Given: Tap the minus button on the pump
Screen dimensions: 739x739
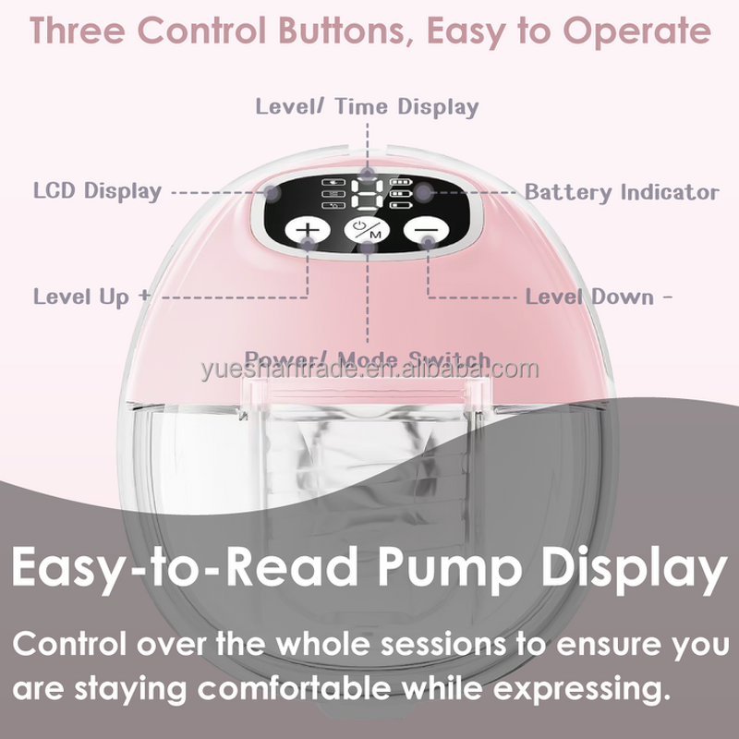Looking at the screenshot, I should coord(428,230).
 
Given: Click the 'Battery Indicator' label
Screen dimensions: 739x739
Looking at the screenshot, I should coord(621,192).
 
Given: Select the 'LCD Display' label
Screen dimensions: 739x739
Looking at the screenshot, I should coord(97,192).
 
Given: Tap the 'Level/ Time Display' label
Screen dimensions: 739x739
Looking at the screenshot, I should coord(367,106).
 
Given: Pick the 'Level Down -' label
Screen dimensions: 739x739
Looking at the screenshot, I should coord(599,297).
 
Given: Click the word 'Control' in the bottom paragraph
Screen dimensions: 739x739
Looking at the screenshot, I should coord(81,644).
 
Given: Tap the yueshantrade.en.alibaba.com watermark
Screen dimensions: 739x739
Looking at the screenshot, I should coord(369,370).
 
